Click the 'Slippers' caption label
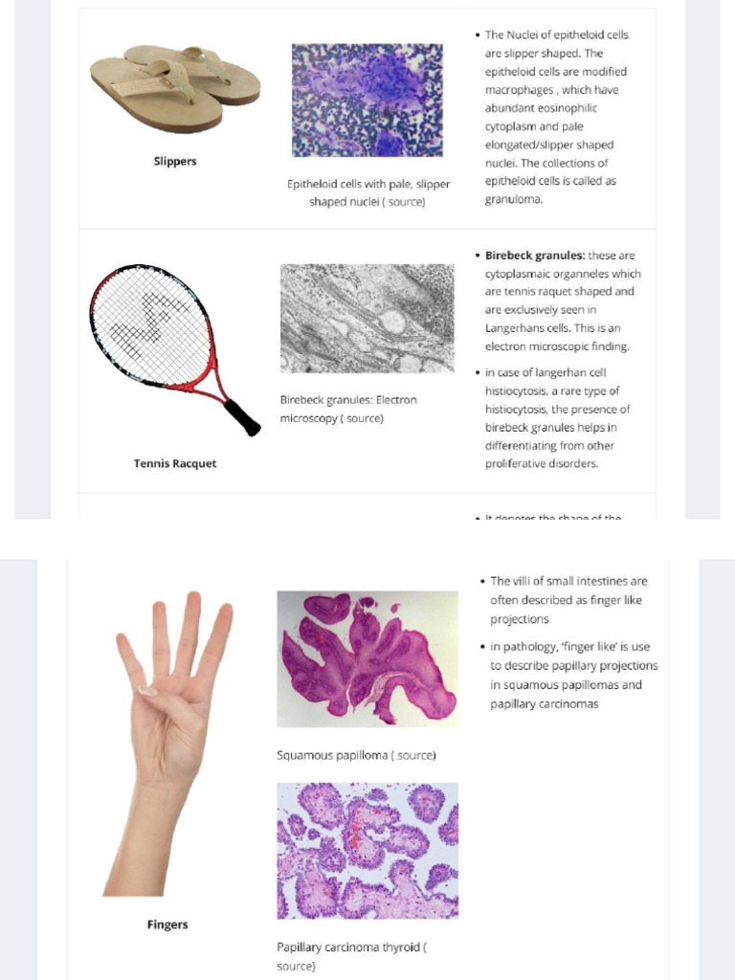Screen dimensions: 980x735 175,161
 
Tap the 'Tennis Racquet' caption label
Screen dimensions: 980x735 175,463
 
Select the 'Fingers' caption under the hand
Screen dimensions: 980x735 167,924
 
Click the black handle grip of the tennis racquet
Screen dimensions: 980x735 243,417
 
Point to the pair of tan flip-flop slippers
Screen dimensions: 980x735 175,86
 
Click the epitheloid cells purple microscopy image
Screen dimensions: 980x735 367,100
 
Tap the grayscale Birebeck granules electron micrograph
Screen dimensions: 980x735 367,318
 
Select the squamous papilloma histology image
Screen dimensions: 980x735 367,658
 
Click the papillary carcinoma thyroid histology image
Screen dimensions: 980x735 367,851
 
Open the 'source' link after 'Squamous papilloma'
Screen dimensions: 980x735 415,755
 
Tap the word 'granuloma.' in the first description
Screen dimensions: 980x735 514,199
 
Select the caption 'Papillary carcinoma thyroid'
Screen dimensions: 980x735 348,947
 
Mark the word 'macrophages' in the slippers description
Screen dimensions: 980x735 520,90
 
